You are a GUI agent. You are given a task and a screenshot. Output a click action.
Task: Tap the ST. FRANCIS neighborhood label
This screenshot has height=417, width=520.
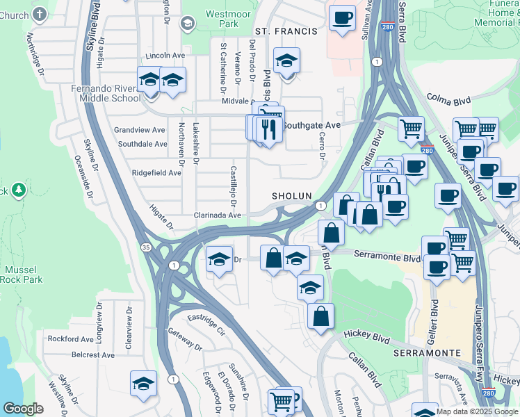pos(286,31)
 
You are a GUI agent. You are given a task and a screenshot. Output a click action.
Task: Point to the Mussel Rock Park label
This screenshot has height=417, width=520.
pos(24,275)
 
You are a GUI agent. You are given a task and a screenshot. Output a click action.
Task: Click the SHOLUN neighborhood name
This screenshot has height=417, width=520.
pos(291,197)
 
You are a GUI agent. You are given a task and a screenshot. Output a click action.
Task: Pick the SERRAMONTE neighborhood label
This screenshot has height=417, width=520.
pos(427,353)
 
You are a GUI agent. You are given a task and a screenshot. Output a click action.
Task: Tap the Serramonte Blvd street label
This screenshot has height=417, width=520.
pos(386,257)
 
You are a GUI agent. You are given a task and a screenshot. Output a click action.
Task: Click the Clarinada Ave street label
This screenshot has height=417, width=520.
pos(218,215)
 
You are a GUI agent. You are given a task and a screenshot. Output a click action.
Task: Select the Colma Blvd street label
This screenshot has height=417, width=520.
pos(449,99)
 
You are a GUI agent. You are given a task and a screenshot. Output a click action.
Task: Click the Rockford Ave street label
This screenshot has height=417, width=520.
pos(70,339)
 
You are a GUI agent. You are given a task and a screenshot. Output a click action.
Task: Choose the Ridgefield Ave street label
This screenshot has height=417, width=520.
pos(156,172)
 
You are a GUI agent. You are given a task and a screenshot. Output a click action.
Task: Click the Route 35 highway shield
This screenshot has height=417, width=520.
pos(145,247)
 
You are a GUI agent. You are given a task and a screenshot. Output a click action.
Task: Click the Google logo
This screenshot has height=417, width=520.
pos(23,409)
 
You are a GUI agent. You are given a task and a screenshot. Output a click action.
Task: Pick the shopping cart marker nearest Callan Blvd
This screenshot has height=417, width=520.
pos(411,128)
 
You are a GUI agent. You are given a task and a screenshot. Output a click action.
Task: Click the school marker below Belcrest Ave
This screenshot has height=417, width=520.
pos(143,383)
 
